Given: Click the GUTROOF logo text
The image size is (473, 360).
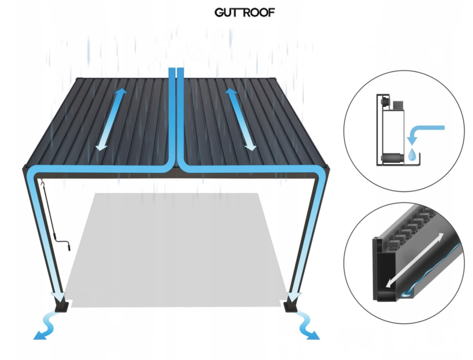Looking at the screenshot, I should pos(244,13).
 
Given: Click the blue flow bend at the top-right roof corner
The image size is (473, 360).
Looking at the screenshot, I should pos(319,177).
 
